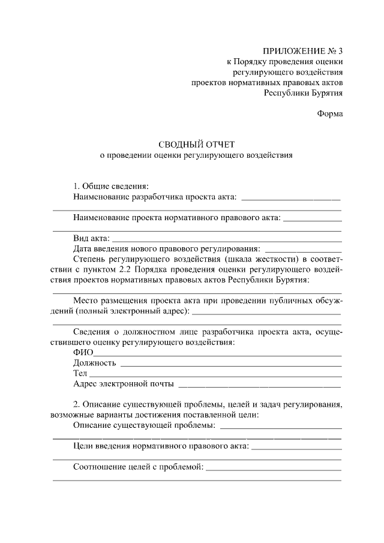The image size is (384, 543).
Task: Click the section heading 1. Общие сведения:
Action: coord(111,185)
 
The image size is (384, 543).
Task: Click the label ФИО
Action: coord(82,352)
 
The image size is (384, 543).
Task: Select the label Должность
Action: coord(94,363)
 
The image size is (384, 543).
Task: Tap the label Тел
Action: coord(80,373)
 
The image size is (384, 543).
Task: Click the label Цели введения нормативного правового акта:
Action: coord(161,446)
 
